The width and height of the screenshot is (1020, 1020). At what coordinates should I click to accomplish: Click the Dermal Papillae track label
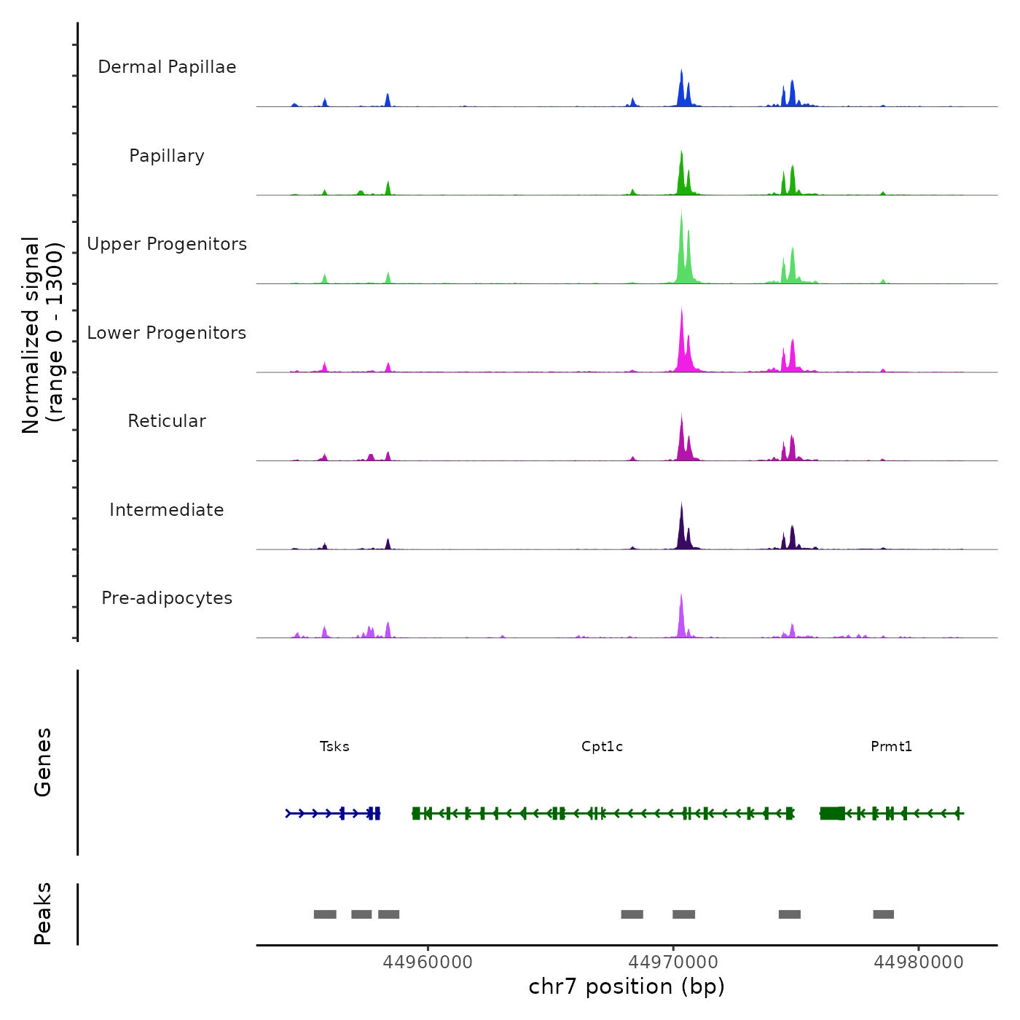[x=167, y=67]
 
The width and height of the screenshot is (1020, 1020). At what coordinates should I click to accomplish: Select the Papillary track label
[x=167, y=156]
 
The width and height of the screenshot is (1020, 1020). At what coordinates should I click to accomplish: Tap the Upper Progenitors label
[x=167, y=244]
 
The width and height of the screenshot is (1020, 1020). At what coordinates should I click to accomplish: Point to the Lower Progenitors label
[x=167, y=333]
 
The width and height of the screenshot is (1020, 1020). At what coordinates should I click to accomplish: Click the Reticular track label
[x=167, y=421]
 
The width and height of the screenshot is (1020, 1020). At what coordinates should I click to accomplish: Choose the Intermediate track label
[x=167, y=510]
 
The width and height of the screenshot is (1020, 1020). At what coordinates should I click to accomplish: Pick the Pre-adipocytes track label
[x=167, y=598]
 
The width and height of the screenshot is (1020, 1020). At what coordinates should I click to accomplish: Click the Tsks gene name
[x=334, y=747]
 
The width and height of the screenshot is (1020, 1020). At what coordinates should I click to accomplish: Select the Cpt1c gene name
[x=602, y=747]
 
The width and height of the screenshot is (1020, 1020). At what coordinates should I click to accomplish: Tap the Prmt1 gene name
[x=891, y=747]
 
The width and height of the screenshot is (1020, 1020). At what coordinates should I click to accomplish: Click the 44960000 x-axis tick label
[x=428, y=962]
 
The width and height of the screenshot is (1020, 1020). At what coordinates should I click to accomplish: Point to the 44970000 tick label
[x=673, y=962]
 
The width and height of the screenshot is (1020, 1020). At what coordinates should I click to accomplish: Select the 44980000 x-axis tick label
[x=919, y=962]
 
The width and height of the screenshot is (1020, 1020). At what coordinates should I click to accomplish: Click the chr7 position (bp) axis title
[x=627, y=986]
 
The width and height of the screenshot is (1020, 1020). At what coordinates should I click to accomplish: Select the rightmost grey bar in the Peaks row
[x=883, y=914]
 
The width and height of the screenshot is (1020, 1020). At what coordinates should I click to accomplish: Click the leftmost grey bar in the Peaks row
[x=325, y=914]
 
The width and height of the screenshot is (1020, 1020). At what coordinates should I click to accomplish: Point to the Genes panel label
[x=43, y=762]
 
